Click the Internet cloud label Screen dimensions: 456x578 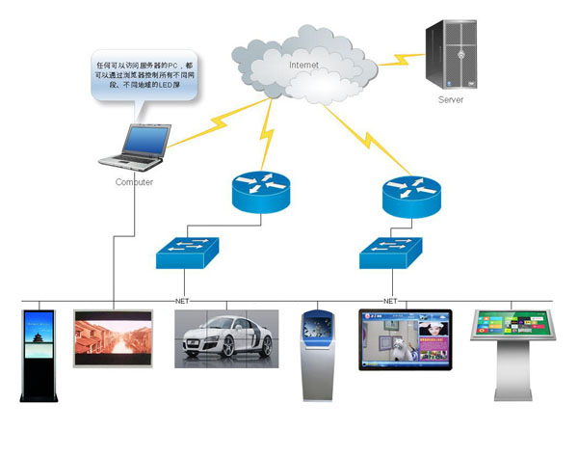pyautogui.click(x=304, y=65)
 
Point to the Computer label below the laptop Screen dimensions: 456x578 pyautogui.click(x=134, y=181)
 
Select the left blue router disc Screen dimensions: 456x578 pyautogui.click(x=258, y=191)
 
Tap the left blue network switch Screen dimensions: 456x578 pyautogui.click(x=188, y=253)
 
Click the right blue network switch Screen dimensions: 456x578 pyautogui.click(x=391, y=253)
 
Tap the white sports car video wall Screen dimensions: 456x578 pyautogui.click(x=226, y=337)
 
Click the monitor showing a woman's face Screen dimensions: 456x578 pyautogui.click(x=405, y=339)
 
